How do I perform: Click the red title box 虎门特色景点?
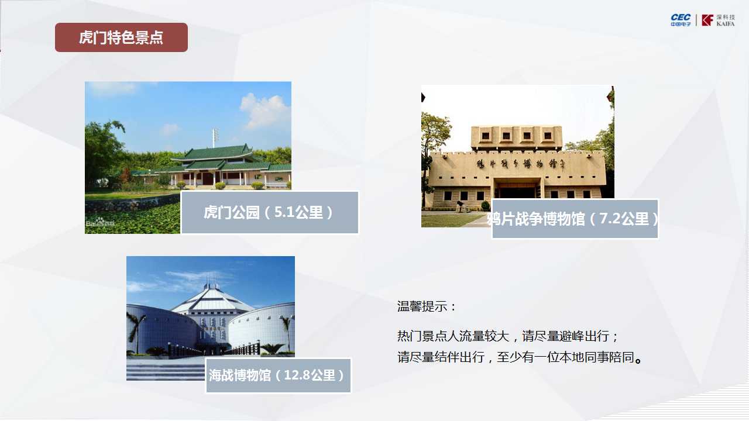tap(121, 37)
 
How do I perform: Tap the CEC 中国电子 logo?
tap(681, 20)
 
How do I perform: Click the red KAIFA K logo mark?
tap(707, 20)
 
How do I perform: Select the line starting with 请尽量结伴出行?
tap(520, 357)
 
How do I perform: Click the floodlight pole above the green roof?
tap(214, 138)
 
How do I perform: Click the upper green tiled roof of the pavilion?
tap(217, 153)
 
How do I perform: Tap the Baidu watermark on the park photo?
tap(100, 223)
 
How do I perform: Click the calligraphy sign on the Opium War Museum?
tap(521, 164)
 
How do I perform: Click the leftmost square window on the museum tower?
tap(486, 136)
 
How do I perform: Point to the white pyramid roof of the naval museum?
tap(212, 299)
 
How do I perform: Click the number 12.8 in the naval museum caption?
tap(296, 375)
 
